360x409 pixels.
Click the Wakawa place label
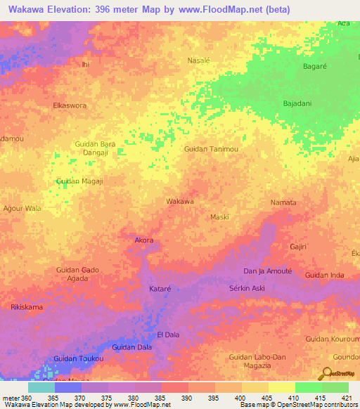pos(179,202)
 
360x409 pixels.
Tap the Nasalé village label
pos(199,60)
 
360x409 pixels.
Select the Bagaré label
pos(314,65)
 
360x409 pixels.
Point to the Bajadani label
pos(297,103)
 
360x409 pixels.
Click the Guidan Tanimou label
pos(211,149)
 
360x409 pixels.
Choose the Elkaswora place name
pos(70,105)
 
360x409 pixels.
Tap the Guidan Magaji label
pos(79,181)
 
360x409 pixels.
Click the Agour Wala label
pos(22,208)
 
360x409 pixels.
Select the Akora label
pos(143,240)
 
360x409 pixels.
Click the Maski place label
pos(220,217)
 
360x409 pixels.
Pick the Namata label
pos(283,202)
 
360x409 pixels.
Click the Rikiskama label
pos(27,307)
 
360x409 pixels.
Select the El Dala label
pos(168,335)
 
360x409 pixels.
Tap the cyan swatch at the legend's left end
pos(41,387)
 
